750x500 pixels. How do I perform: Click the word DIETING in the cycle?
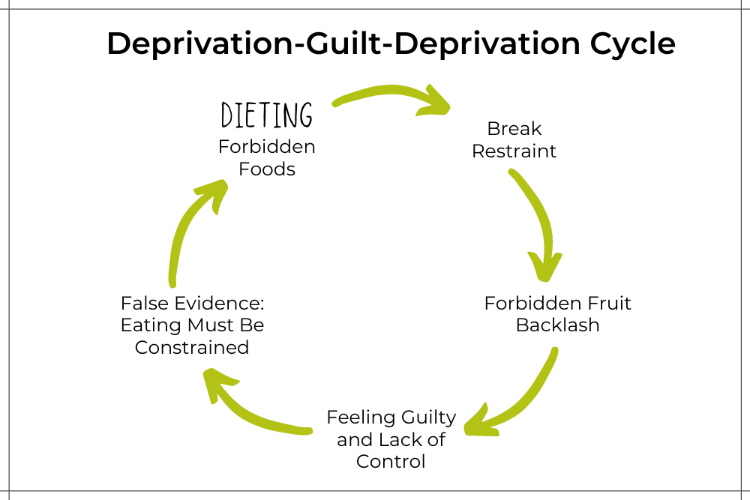[267, 116]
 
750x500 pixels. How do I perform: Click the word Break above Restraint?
[514, 128]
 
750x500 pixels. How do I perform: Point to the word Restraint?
[514, 151]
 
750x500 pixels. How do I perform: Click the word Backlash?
[557, 326]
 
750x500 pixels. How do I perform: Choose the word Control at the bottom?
[391, 461]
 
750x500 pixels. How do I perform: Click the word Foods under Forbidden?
[267, 169]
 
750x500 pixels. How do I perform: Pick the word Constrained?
[192, 348]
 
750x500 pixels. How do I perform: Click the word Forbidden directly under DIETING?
[267, 147]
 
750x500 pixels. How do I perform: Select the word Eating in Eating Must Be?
[146, 326]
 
